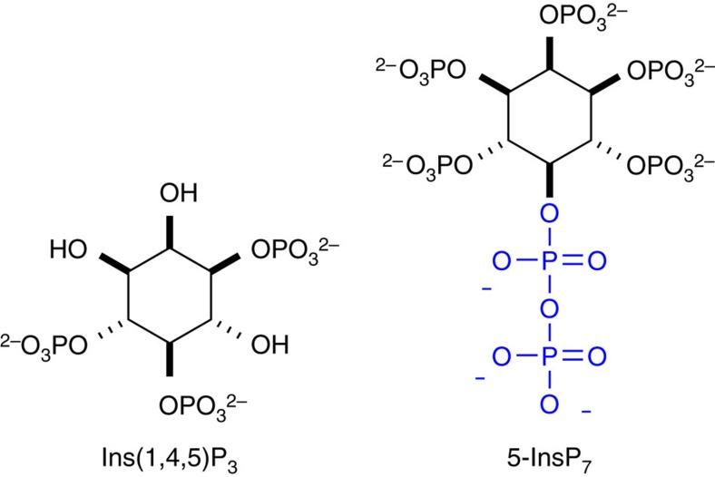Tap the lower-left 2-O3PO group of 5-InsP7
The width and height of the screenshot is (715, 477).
(x=422, y=162)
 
